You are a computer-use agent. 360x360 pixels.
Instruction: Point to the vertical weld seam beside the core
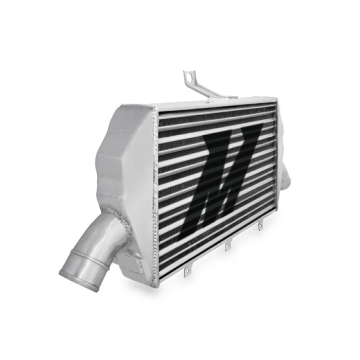coord(154,195)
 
